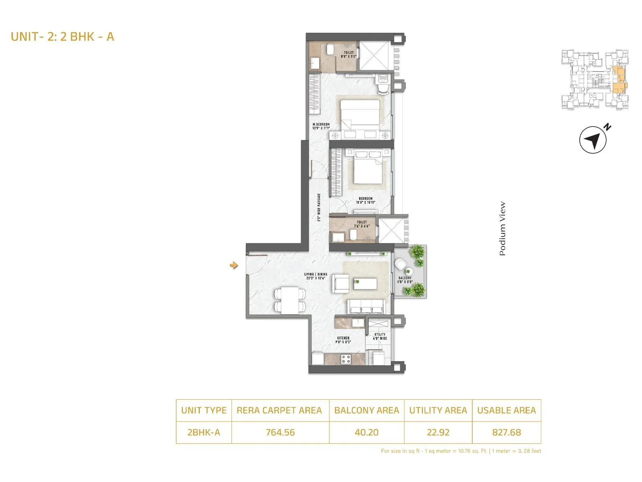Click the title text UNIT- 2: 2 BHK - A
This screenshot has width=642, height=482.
pos(63,37)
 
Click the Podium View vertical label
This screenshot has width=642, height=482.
pos(502,229)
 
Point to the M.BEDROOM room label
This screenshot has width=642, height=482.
pos(321,126)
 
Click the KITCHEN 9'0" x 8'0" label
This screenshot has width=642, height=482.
pos(343,340)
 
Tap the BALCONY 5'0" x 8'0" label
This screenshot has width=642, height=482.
pos(405,280)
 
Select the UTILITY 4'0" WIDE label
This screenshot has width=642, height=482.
pos(380,336)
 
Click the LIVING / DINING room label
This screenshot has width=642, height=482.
pos(315,276)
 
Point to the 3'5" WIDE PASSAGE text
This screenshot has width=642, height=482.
pos(319,207)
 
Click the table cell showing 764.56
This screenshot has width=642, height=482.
pos(280,433)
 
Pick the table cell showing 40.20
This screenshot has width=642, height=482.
pos(366,433)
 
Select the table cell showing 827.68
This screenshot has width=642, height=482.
pos(506,433)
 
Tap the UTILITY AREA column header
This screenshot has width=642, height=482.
pos(438,411)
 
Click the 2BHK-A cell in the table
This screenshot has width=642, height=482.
pos(203,433)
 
